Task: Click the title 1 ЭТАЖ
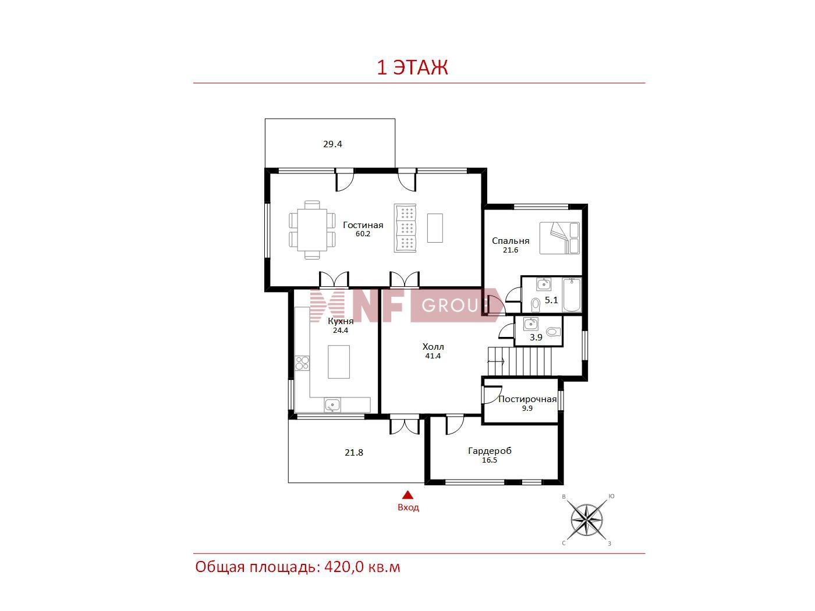click(x=412, y=68)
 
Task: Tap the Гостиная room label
click(x=363, y=225)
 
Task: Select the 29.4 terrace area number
click(x=332, y=144)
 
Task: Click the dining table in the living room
click(x=312, y=230)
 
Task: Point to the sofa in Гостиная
click(x=405, y=228)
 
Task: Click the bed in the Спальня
click(x=559, y=238)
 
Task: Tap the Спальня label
click(x=511, y=241)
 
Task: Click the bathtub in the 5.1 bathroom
click(x=571, y=295)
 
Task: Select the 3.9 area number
click(x=536, y=338)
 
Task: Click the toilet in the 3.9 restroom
click(x=553, y=331)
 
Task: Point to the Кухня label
click(x=341, y=321)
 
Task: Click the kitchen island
click(x=339, y=362)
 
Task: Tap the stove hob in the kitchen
click(x=302, y=363)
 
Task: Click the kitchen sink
click(x=332, y=405)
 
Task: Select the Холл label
click(x=433, y=347)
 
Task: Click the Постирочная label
click(x=527, y=399)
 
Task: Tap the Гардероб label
click(x=490, y=451)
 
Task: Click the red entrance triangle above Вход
click(x=408, y=495)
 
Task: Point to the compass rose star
click(x=586, y=520)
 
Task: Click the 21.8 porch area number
click(x=354, y=453)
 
